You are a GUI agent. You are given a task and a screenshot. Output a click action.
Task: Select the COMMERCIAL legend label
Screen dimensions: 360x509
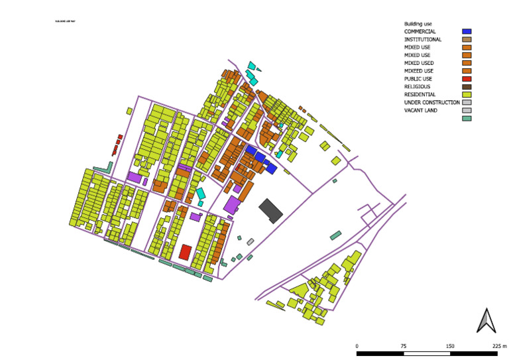coord(420,31)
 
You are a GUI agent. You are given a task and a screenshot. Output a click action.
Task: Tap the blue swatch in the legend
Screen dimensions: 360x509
coord(467,31)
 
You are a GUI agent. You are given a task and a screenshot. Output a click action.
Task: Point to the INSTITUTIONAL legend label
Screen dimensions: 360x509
coord(423,39)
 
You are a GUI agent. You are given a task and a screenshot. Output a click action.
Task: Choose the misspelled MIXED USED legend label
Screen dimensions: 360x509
coord(419,63)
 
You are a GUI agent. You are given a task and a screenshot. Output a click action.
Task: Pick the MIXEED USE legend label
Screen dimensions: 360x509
coord(419,71)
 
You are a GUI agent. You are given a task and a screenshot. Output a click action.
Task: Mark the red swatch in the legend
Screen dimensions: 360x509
coord(467,79)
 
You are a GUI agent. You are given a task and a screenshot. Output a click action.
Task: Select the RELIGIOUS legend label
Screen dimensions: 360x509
coord(417,87)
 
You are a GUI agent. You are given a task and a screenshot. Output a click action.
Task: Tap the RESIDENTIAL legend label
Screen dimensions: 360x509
coord(419,95)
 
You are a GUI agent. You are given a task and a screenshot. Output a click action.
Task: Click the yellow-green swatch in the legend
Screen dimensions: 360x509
coord(467,95)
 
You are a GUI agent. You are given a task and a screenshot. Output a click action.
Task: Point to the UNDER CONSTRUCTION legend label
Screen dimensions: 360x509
coord(432,103)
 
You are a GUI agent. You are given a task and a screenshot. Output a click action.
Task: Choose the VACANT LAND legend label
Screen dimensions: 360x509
coord(420,111)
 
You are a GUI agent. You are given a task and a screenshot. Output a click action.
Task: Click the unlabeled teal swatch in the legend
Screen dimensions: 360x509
coord(467,119)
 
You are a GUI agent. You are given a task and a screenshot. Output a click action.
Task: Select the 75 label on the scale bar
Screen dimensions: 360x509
coord(404,346)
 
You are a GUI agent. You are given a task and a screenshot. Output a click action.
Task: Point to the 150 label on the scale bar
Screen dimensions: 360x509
coord(450,346)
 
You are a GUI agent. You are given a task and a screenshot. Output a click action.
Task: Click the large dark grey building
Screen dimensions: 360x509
coord(270,210)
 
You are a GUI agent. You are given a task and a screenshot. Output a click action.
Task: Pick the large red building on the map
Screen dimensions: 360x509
coord(186,252)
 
